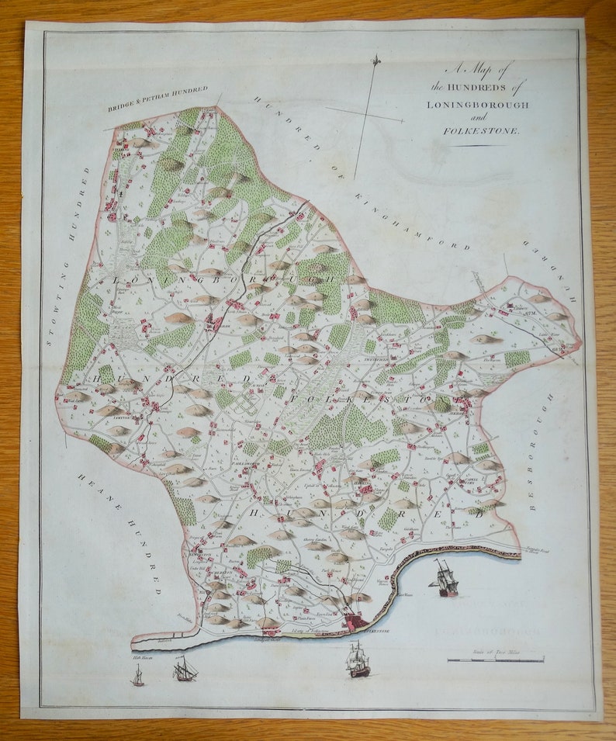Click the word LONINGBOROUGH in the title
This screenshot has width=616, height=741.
pos(477,104)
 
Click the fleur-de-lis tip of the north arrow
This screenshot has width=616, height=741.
pos(376,60)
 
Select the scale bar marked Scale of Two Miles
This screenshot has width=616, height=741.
pos(496,660)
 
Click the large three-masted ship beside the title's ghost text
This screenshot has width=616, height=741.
pos(446,579)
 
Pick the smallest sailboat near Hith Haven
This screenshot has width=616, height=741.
pos(138,677)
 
